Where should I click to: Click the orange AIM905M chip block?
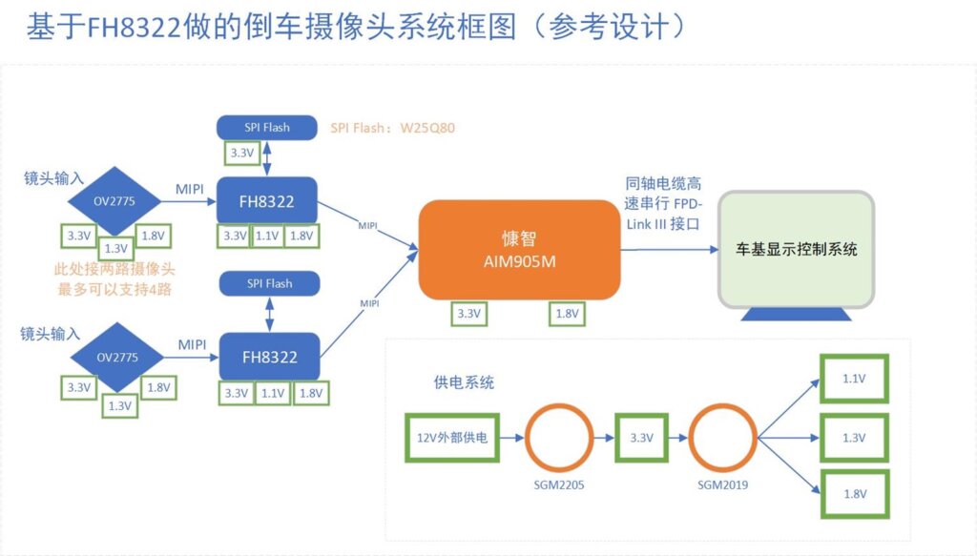519,249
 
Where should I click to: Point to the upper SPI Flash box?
266,126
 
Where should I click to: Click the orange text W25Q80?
422,128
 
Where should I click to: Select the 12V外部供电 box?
452,438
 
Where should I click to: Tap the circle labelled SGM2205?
558,438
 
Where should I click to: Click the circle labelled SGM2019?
721,438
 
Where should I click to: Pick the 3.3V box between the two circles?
642,438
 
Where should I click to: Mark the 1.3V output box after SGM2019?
854,438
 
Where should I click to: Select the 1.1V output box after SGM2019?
854,379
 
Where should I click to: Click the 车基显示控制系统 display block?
797,249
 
